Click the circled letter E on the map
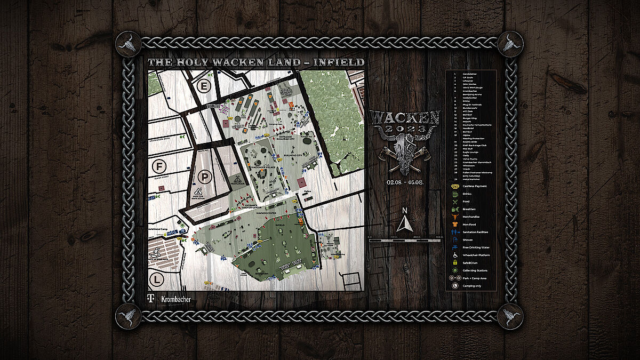point(203,85)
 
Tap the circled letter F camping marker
point(158,167)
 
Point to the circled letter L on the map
point(156,279)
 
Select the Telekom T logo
point(151,299)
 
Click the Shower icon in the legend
point(454,239)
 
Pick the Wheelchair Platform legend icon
point(454,255)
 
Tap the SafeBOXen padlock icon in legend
point(454,262)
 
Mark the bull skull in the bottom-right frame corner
point(510,316)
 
